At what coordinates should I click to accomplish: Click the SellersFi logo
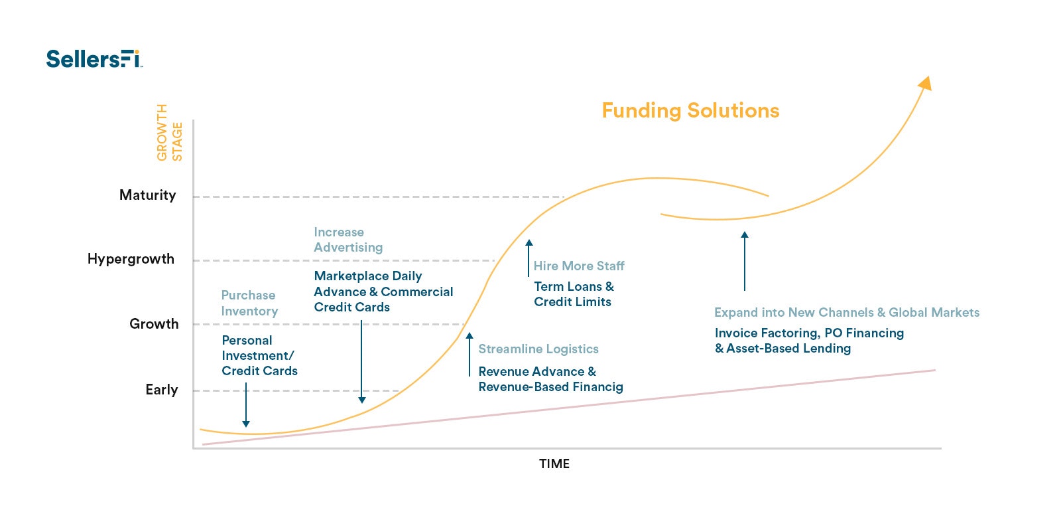[94, 58]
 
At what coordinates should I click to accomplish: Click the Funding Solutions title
[690, 110]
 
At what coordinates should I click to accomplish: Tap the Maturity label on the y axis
[147, 195]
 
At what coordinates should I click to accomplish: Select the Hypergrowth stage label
[131, 259]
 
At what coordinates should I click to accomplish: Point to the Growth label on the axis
[154, 324]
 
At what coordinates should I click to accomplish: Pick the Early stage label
[162, 390]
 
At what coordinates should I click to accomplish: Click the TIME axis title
[554, 464]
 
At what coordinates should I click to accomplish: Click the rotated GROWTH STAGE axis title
[169, 133]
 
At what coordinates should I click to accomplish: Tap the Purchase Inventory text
[249, 303]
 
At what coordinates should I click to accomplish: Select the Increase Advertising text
[348, 240]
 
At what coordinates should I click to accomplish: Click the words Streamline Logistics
[538, 349]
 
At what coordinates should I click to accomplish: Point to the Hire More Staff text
[579, 266]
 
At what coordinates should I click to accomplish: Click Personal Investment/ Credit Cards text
[259, 355]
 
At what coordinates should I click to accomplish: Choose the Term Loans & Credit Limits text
[574, 294]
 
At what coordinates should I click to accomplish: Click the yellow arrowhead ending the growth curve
[925, 83]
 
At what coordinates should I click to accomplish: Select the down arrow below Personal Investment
[246, 406]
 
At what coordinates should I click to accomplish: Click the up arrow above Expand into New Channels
[745, 260]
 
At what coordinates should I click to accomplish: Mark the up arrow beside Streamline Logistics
[469, 354]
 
